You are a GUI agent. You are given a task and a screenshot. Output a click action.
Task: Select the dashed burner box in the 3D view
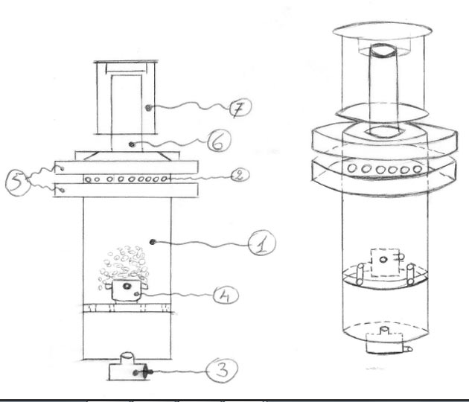[x=383, y=262]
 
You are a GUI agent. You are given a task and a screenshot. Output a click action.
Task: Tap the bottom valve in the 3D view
[x=385, y=343]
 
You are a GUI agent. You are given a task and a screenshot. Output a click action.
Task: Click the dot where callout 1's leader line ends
[x=153, y=240]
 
